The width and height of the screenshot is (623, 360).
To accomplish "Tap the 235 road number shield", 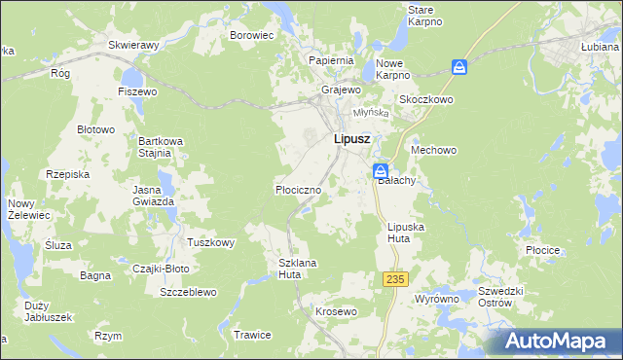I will click(x=394, y=279).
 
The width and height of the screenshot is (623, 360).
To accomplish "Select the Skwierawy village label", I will click(x=134, y=45).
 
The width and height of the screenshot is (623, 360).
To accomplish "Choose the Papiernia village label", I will click(x=330, y=59).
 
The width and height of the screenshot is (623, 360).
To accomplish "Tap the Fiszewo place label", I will click(x=137, y=91).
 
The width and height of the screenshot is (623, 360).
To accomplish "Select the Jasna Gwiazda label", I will click(x=154, y=195).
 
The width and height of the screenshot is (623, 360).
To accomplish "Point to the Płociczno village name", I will click(x=298, y=190).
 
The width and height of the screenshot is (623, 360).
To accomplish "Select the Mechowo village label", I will click(x=434, y=151).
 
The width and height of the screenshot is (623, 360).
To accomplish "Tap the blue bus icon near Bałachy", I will click(x=381, y=171).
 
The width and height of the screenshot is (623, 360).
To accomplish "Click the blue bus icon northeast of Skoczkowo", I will click(x=459, y=67).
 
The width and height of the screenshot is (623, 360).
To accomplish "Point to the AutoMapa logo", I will click(x=555, y=341).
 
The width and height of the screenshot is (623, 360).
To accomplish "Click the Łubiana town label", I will click(x=601, y=46).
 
